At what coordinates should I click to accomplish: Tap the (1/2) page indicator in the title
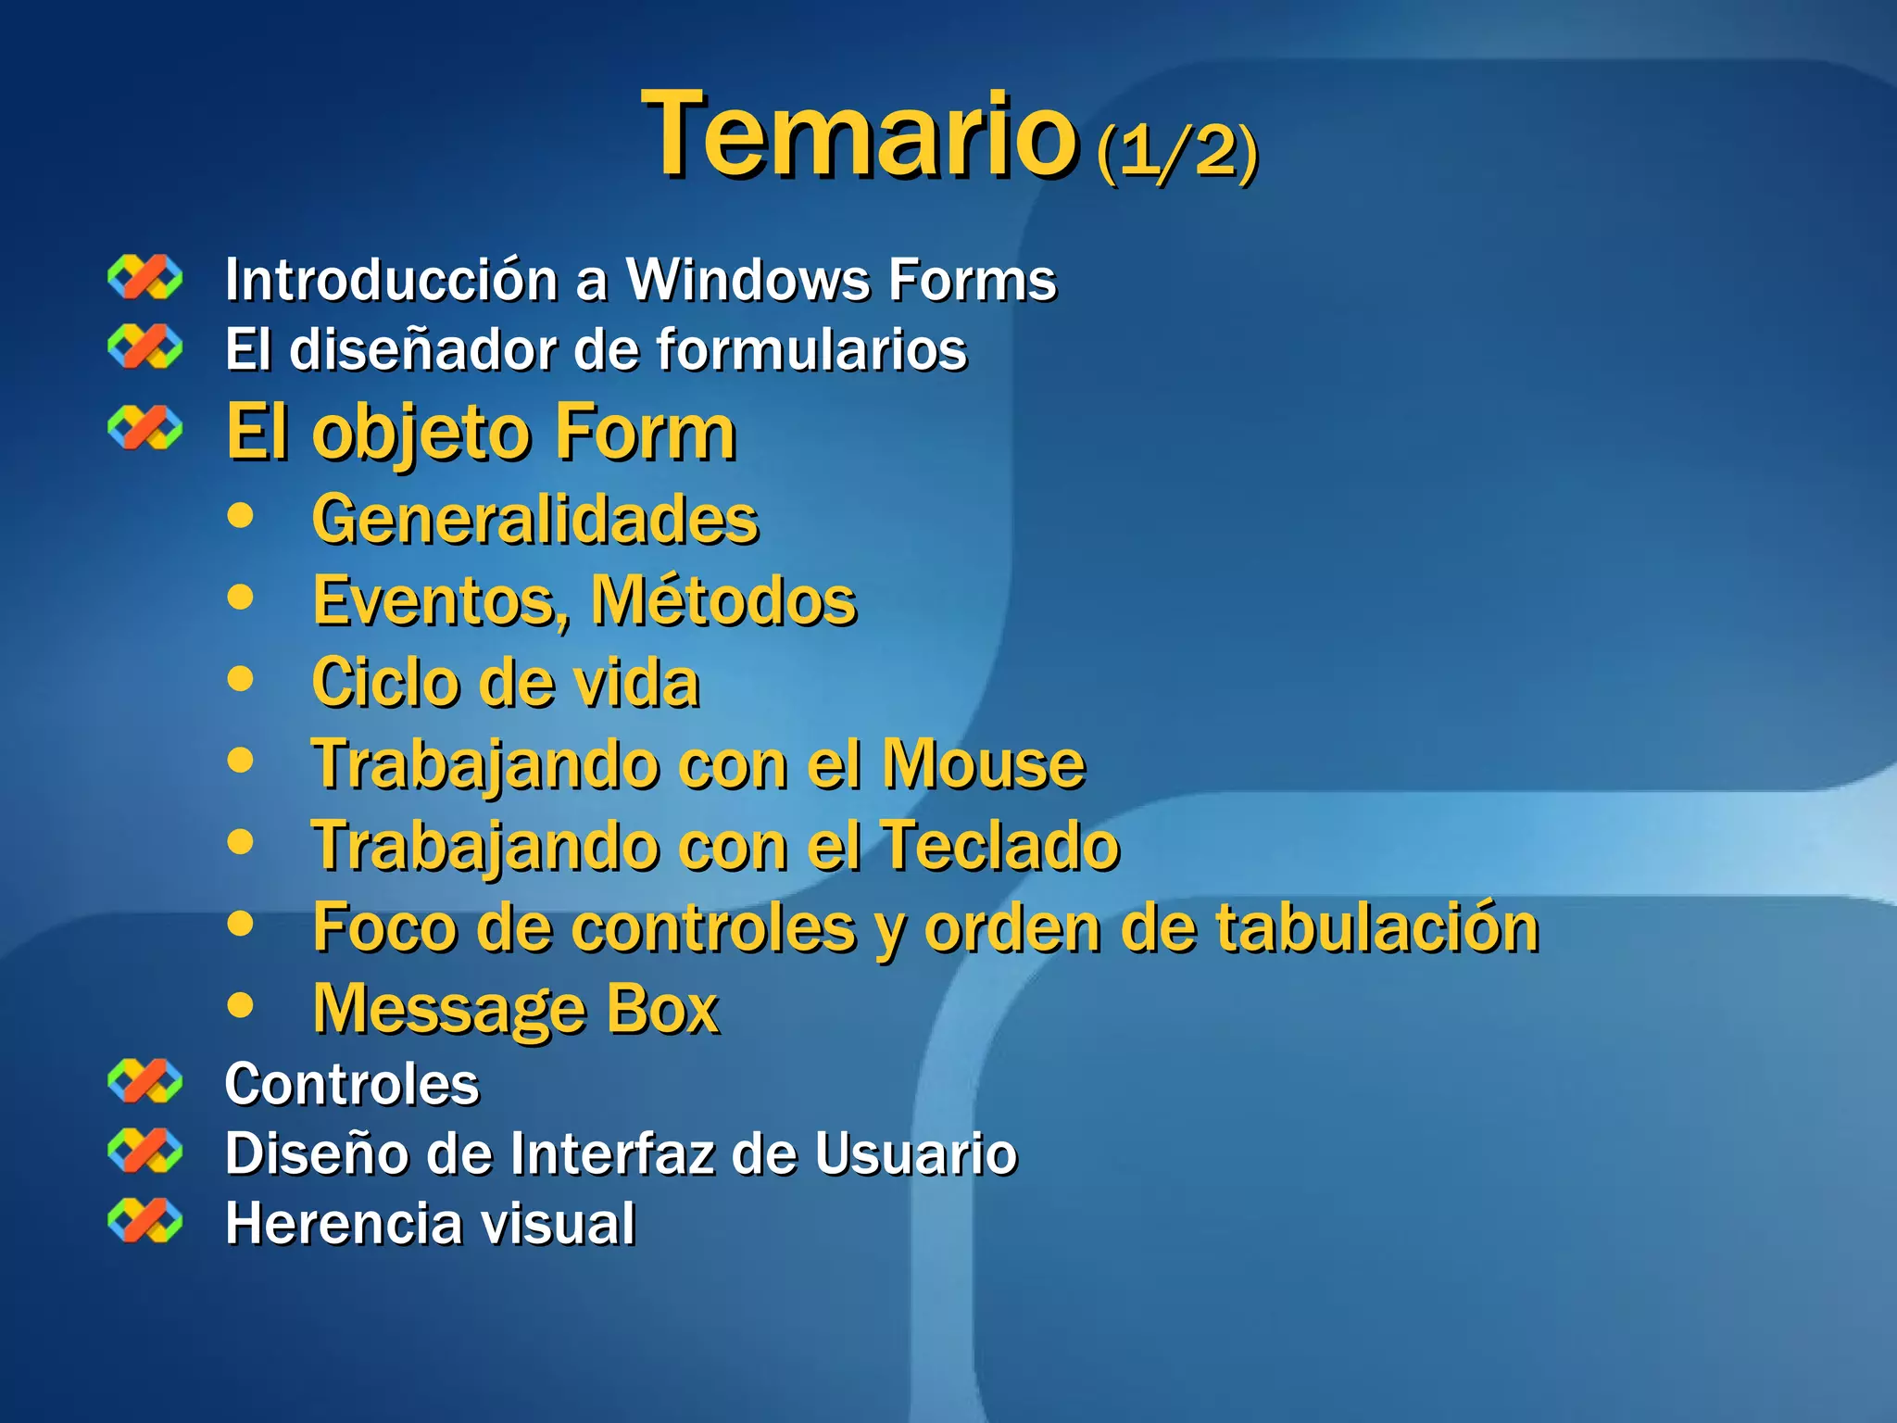[1176, 150]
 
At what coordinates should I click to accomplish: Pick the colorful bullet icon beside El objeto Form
[144, 428]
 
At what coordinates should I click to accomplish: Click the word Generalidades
[535, 519]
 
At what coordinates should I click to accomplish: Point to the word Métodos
[723, 600]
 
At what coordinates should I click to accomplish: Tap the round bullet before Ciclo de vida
[240, 679]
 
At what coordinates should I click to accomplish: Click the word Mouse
[983, 764]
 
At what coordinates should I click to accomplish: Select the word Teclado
[999, 846]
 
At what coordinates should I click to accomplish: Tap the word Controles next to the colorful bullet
[352, 1084]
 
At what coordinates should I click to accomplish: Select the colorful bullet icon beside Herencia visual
[144, 1220]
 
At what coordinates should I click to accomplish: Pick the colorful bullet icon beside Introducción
[144, 277]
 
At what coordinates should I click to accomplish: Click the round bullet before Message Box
[240, 1005]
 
